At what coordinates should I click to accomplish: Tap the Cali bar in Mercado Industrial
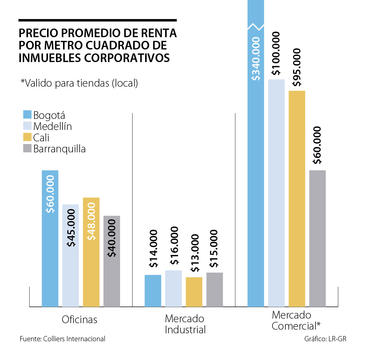[194, 292]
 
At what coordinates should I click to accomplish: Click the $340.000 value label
[256, 59]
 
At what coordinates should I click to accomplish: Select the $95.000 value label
[297, 67]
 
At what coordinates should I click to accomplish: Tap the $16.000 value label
[174, 245]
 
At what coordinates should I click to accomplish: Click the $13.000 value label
[195, 253]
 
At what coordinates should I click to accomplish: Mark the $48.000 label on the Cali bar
[91, 221]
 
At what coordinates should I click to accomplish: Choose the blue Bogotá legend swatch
[27, 115]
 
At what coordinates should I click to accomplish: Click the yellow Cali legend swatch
[27, 137]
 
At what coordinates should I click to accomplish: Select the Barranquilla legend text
[59, 149]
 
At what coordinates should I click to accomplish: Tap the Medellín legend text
[53, 126]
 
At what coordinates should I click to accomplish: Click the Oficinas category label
[79, 319]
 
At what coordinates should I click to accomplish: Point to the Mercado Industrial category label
[185, 324]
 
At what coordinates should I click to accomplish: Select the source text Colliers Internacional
[74, 339]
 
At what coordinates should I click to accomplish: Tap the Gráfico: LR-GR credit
[325, 339]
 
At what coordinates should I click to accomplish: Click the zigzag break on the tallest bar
[256, 27]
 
